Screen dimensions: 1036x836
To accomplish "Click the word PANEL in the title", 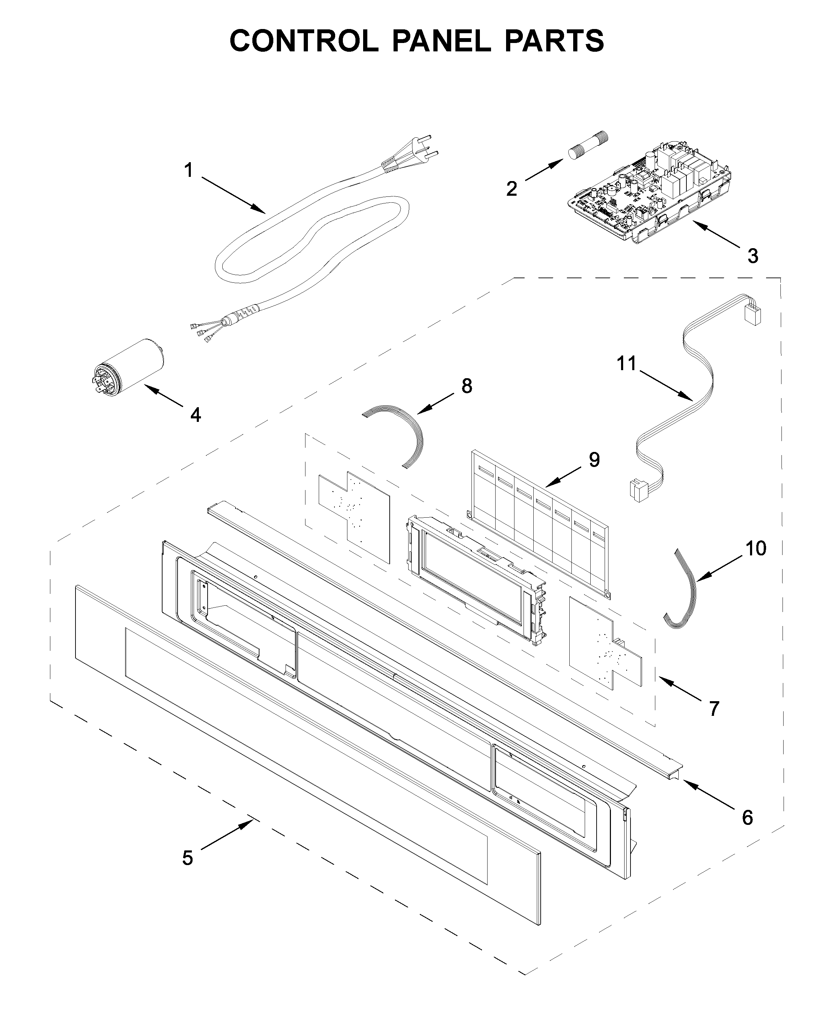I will pyautogui.click(x=441, y=41).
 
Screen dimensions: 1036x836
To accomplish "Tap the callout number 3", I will pyautogui.click(x=753, y=256).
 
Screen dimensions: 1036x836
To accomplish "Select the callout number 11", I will pyautogui.click(x=627, y=363).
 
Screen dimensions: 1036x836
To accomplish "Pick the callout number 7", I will pyautogui.click(x=714, y=708).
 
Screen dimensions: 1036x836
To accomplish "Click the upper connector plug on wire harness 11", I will pyautogui.click(x=752, y=313).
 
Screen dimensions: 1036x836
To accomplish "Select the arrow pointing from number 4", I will pyautogui.click(x=164, y=395).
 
